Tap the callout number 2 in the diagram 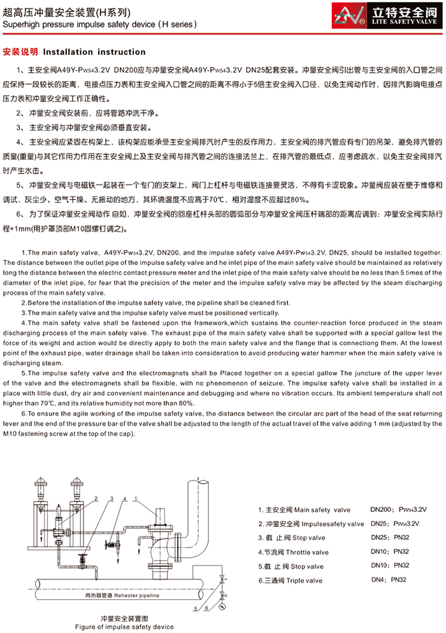click(96, 480)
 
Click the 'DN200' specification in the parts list click(382, 510)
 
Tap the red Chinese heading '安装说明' click(20, 52)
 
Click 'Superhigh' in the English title click(19, 24)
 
